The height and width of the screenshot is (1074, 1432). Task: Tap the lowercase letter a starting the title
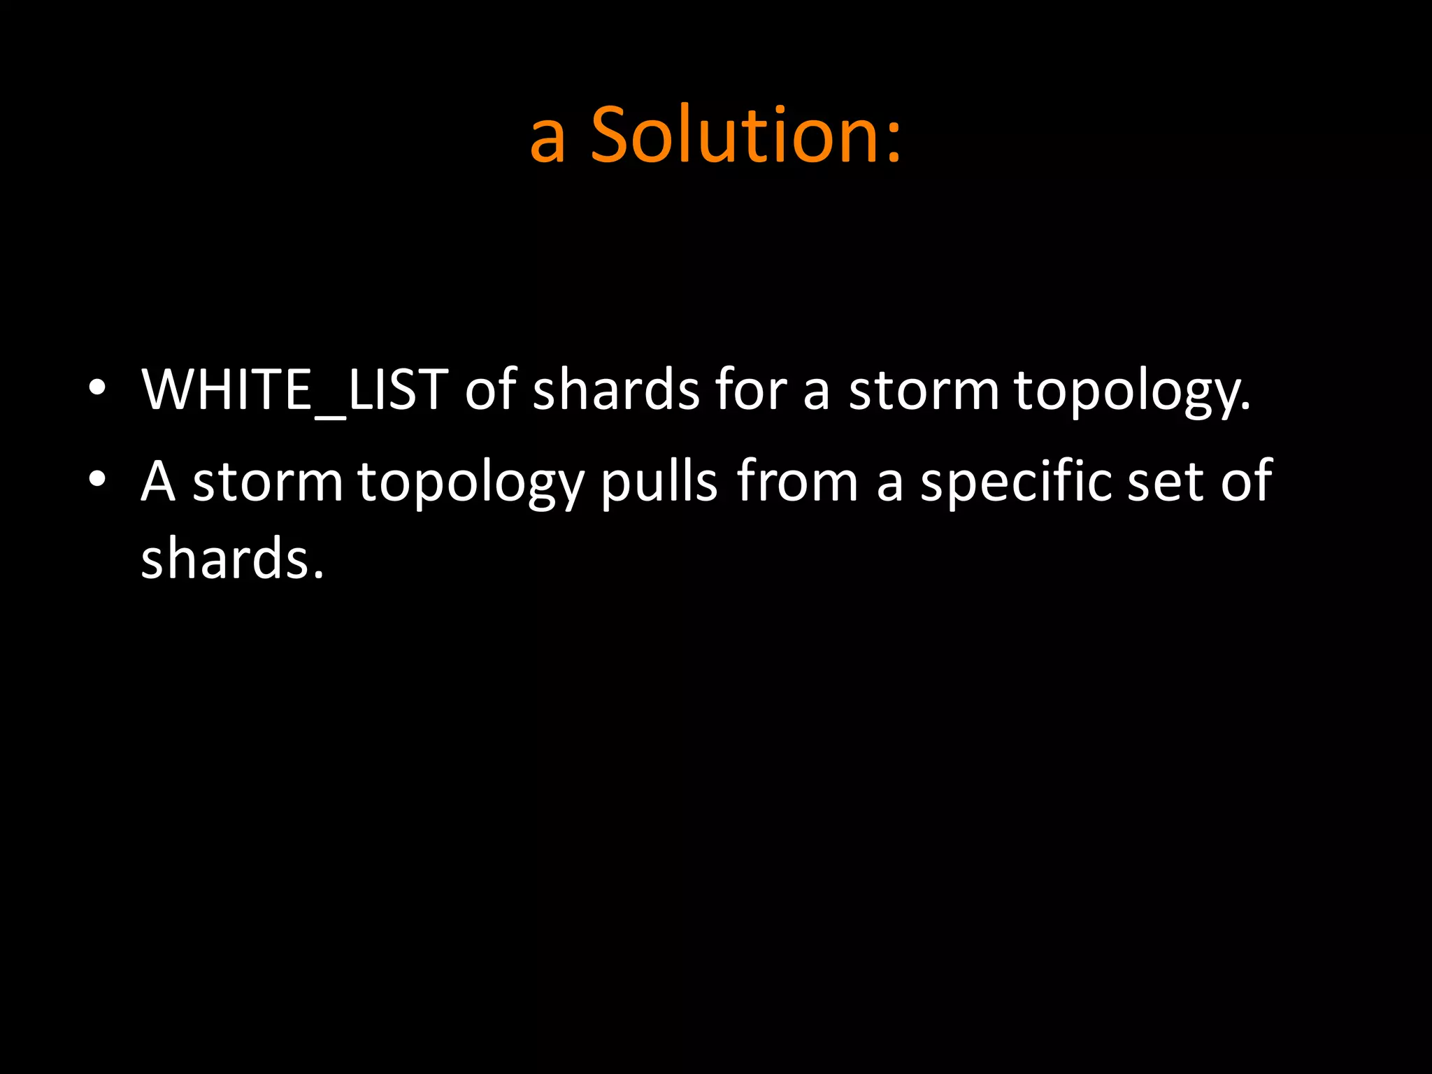click(x=547, y=140)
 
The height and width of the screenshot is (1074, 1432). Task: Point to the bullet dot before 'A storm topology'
click(x=97, y=479)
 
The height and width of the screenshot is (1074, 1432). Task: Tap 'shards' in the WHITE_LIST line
click(x=616, y=389)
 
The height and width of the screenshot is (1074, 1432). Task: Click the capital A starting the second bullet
click(x=157, y=481)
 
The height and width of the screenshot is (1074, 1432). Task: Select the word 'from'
click(x=797, y=481)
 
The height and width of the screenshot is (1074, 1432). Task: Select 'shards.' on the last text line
click(x=232, y=558)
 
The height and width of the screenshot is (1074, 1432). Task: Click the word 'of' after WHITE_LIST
click(x=490, y=389)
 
